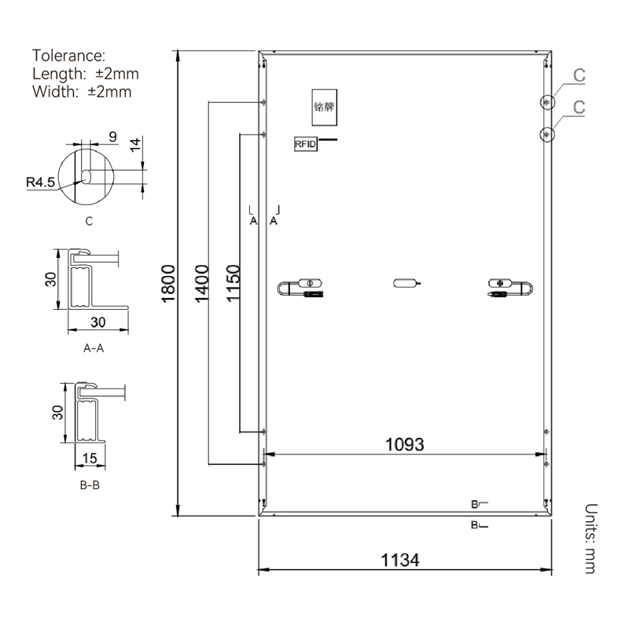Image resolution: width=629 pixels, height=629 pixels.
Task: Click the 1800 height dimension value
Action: coord(168,283)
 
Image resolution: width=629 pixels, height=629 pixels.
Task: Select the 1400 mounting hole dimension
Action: coord(202,283)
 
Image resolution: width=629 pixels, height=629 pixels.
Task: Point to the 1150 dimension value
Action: coord(233,283)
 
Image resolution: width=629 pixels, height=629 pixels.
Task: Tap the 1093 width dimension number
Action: coord(404,444)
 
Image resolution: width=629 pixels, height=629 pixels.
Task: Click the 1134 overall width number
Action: coord(400,560)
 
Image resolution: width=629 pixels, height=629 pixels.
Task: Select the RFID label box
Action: coord(306,144)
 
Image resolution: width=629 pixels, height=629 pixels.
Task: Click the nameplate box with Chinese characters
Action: coord(324,107)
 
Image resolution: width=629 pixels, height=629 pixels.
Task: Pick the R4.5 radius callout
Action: coord(40,182)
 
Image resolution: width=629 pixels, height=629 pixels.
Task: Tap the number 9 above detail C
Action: coord(112,136)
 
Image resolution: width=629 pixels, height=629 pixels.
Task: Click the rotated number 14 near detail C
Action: coord(135,145)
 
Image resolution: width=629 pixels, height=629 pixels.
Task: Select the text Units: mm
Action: coord(591,539)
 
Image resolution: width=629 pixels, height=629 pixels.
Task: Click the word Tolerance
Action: coord(68,55)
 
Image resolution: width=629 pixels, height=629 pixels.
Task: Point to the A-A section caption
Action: coord(94,348)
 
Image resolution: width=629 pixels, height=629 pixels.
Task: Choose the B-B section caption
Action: coord(90,485)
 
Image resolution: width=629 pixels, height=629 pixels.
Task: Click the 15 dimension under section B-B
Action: coord(90,458)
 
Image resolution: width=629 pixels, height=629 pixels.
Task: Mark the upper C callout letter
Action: coord(579,75)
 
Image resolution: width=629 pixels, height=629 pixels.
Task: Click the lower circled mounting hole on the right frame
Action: coord(547,134)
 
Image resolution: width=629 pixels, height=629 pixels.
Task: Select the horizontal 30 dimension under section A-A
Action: coord(97,322)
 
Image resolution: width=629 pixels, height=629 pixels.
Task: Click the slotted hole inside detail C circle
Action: coord(86,176)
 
